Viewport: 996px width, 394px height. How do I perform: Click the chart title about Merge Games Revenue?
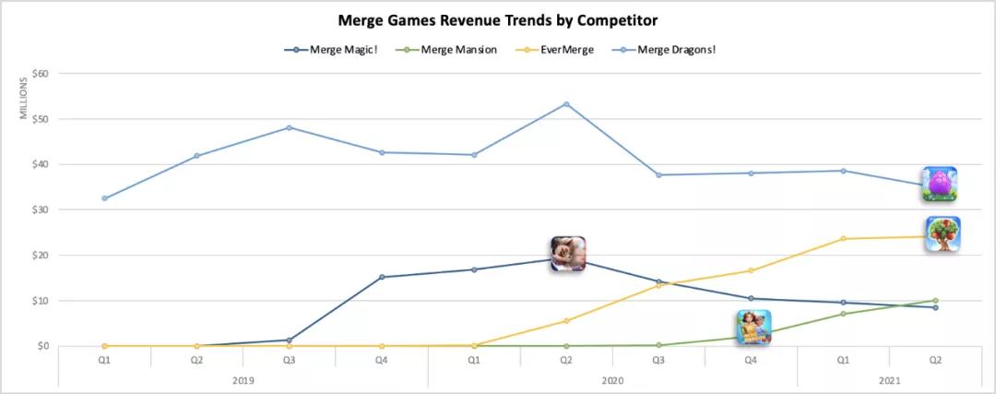pyautogui.click(x=498, y=19)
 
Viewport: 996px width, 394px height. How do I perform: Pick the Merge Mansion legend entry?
pyautogui.click(x=457, y=50)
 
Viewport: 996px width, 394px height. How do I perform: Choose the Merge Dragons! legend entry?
pyautogui.click(x=670, y=50)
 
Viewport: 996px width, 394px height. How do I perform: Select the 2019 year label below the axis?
pyautogui.click(x=243, y=378)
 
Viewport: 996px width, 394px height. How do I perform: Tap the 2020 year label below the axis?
pyautogui.click(x=612, y=378)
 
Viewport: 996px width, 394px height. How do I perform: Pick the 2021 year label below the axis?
pyautogui.click(x=889, y=378)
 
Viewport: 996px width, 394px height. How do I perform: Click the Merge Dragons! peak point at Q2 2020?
pyautogui.click(x=566, y=104)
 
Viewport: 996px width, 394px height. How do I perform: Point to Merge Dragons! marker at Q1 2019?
pyautogui.click(x=104, y=198)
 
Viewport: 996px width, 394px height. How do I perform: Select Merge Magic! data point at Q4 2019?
pyautogui.click(x=382, y=277)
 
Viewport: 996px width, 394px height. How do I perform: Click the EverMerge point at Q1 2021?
pyautogui.click(x=843, y=239)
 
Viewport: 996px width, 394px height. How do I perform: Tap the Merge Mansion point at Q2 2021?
pyautogui.click(x=935, y=301)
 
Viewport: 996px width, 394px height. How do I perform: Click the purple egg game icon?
pyautogui.click(x=940, y=184)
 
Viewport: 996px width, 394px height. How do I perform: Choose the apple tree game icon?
pyautogui.click(x=943, y=234)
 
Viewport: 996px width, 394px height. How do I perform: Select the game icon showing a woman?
pyautogui.click(x=753, y=328)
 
